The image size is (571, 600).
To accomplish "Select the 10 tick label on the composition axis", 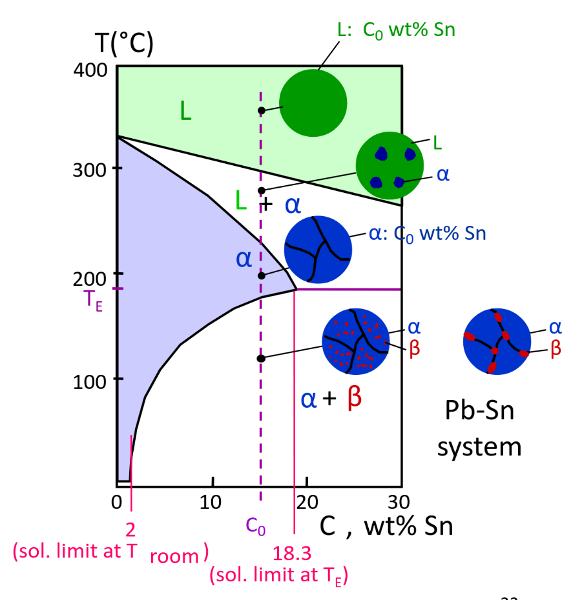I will (x=211, y=501).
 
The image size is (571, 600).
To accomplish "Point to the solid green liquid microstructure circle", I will (x=313, y=103).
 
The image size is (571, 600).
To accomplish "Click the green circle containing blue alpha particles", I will (x=389, y=166).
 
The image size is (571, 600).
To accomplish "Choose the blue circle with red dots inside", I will (x=356, y=342).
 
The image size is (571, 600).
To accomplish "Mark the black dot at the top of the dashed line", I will (x=261, y=111).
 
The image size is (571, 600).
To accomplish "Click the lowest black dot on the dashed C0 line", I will (x=261, y=358).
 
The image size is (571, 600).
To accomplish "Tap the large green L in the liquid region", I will (x=185, y=113).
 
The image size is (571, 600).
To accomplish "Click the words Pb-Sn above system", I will (x=479, y=410).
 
